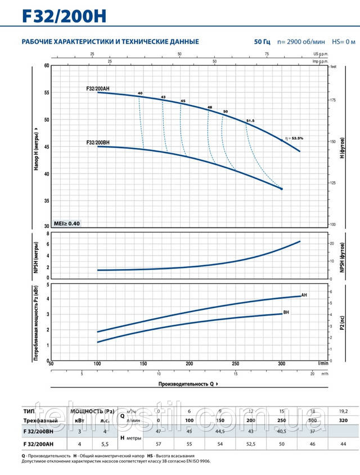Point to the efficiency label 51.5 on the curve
pos(250,121)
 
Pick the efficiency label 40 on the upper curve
pos(139,93)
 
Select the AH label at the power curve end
pos(304,295)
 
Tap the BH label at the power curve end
pos(286,312)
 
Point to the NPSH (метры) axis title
pos(37,256)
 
